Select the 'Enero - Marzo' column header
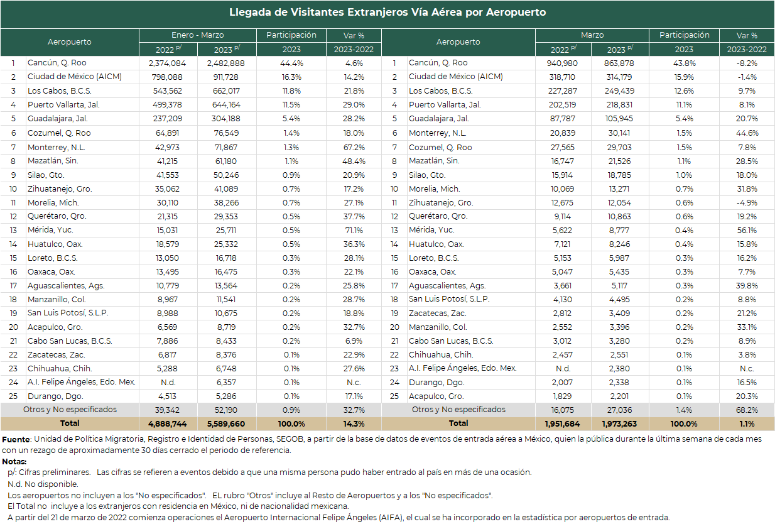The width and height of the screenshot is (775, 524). point(198,35)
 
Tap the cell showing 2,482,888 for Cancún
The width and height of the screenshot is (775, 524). point(226,63)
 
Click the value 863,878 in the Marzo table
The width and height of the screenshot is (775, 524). point(619,63)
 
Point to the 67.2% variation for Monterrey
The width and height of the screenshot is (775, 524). point(354,148)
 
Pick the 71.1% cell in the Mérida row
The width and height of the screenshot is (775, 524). point(354,231)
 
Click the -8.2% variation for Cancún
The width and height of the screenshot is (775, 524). point(747,63)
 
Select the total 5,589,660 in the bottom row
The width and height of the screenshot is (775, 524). point(226,424)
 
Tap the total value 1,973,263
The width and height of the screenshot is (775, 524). point(619,424)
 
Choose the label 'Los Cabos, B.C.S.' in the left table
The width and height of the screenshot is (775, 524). point(60,91)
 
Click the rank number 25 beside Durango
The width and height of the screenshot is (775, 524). point(13,396)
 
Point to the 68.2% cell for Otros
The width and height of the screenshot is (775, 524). point(747,410)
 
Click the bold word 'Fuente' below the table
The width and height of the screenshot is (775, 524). point(16,440)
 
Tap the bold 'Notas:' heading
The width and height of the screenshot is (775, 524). point(14,462)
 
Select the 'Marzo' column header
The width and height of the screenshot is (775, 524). point(592,35)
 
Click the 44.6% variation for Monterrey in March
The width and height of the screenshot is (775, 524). point(747,133)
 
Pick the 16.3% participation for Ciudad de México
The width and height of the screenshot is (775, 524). point(291,77)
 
